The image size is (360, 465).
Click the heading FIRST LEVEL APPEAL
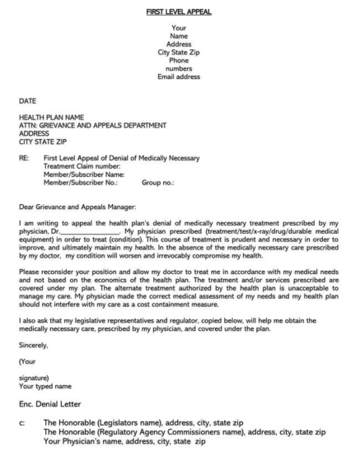point(179,12)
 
